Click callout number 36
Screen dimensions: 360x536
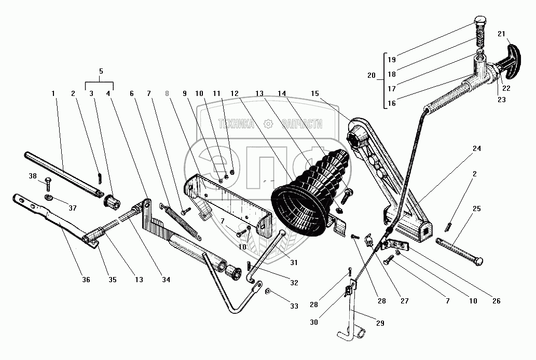[x=86, y=280]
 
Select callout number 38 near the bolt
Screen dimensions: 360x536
[x=33, y=176]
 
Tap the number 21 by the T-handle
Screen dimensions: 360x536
[x=501, y=34]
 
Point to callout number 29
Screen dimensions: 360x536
[x=380, y=323]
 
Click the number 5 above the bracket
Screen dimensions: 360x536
[x=101, y=71]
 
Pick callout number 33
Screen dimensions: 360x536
[x=294, y=306]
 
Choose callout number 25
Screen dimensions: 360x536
[x=476, y=209]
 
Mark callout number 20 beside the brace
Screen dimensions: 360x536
[x=371, y=75]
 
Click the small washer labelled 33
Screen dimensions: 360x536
[x=268, y=292]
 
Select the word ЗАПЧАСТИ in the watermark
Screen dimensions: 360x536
[x=301, y=124]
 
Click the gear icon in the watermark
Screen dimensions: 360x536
[x=268, y=124]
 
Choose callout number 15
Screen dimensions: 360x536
[x=314, y=93]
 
